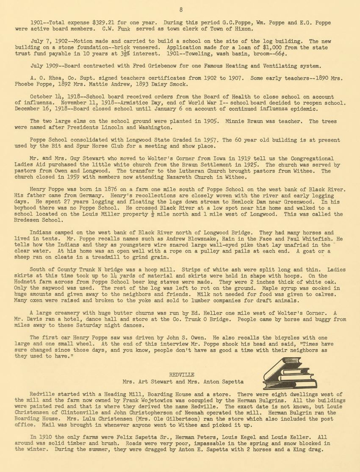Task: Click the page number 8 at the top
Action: (180, 10)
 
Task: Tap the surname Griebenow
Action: (149, 66)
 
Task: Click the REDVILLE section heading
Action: (181, 375)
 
